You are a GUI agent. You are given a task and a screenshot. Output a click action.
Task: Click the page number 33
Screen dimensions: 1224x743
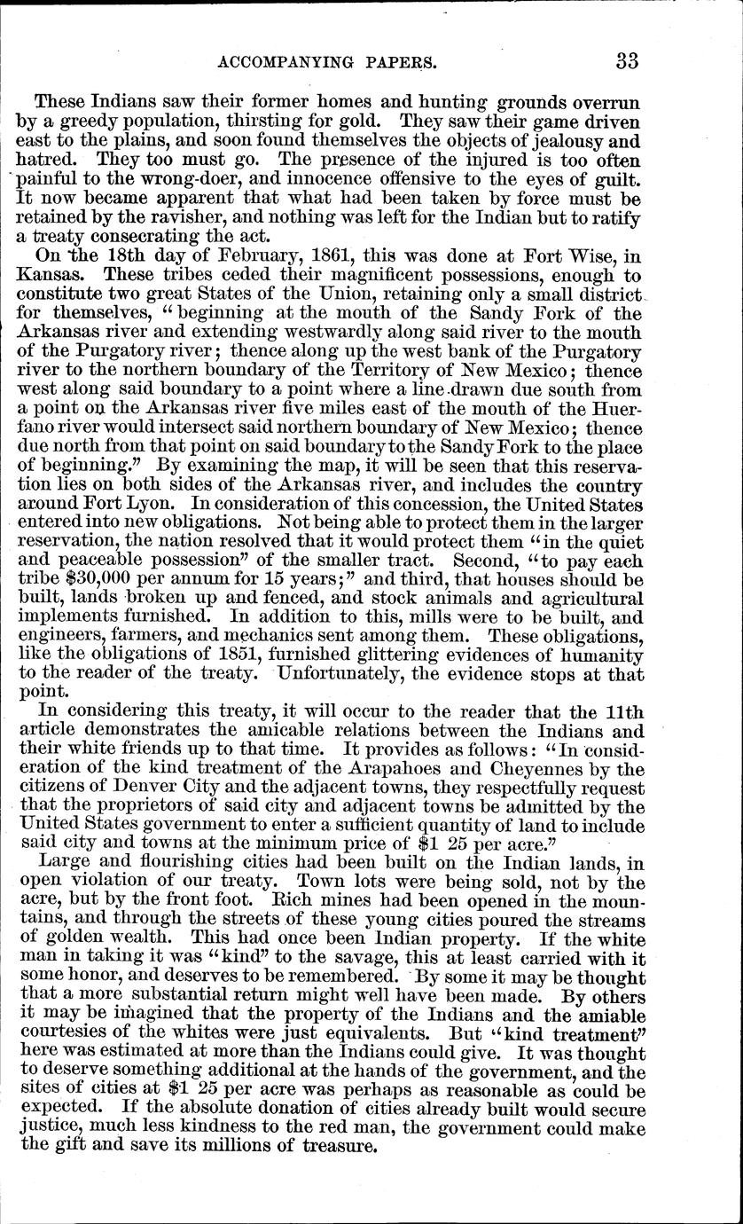tap(627, 60)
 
